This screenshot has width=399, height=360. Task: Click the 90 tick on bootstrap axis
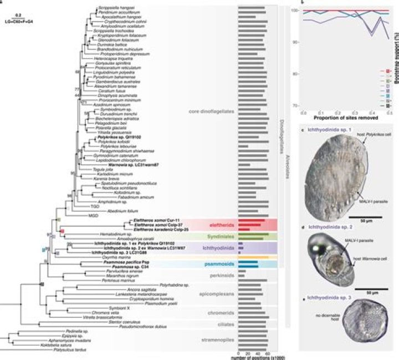(297, 42)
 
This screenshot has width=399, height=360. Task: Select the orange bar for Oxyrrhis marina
(253, 257)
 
